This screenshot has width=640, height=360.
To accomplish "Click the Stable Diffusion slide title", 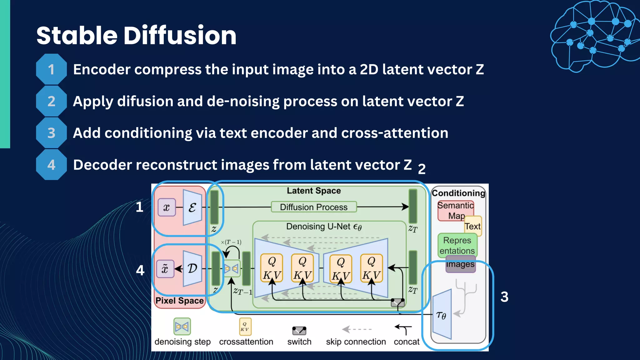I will [136, 35].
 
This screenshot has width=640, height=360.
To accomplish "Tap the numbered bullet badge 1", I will [51, 69].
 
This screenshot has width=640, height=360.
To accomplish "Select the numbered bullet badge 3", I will [51, 133].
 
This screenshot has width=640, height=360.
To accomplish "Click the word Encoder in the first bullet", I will [102, 69].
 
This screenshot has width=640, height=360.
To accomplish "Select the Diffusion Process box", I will [313, 207].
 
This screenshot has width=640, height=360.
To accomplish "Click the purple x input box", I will [167, 207].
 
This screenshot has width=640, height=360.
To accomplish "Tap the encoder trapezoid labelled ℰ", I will [192, 207].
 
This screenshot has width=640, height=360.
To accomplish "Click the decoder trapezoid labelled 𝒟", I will [192, 268].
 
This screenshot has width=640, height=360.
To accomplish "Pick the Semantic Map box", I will [455, 210].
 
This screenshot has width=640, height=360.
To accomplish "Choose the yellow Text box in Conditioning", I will [473, 226].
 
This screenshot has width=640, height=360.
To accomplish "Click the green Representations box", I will [457, 245].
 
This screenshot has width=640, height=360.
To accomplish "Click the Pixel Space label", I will [179, 301].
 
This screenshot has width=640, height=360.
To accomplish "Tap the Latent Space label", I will [314, 191].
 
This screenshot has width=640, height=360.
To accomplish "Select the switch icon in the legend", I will [299, 330].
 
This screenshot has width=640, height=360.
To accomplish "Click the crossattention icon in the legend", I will [245, 327].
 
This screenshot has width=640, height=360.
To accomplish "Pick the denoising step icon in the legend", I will [182, 327].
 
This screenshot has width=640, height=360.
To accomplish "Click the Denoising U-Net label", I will [324, 227].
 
